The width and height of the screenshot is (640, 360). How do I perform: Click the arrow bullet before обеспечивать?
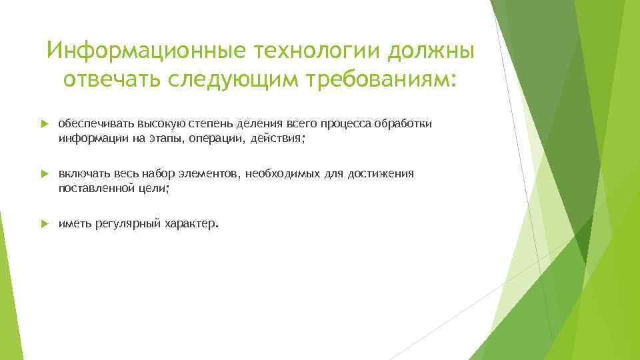coord(44,125)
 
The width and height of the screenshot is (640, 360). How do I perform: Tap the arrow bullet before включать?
coord(44,175)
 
